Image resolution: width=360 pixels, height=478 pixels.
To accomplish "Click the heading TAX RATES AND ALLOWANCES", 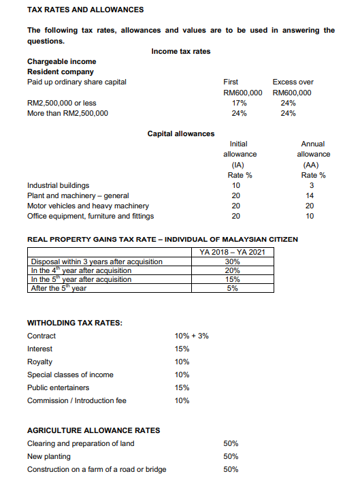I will pos(85,10).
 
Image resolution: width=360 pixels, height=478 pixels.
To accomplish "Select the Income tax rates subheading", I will pos(180,51).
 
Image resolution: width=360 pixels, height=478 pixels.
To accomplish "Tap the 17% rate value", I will pos(239,103).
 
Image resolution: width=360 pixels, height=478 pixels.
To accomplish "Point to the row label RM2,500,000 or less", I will pos(62,103).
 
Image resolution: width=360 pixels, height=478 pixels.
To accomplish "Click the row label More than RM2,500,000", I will pos(67,113).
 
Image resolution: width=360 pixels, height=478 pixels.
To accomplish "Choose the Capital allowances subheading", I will pos(180,133).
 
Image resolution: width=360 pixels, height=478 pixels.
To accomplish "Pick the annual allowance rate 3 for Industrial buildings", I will pos(312,185).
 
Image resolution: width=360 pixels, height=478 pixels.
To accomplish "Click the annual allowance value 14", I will pos(312,195).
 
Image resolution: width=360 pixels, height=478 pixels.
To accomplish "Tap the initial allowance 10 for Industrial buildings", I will pos(236,185).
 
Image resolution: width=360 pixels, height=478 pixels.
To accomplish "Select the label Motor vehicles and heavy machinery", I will pos(88,206).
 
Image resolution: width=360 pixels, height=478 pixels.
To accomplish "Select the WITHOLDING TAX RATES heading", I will pos(74,323).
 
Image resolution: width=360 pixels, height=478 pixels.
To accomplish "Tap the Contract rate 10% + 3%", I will pos(192,336).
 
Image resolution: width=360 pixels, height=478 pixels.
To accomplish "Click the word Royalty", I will pos(39,362).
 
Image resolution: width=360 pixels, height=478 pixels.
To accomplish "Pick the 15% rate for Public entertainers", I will pos(182,387).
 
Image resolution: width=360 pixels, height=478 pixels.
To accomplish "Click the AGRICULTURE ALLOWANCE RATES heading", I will pos(93,430).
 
